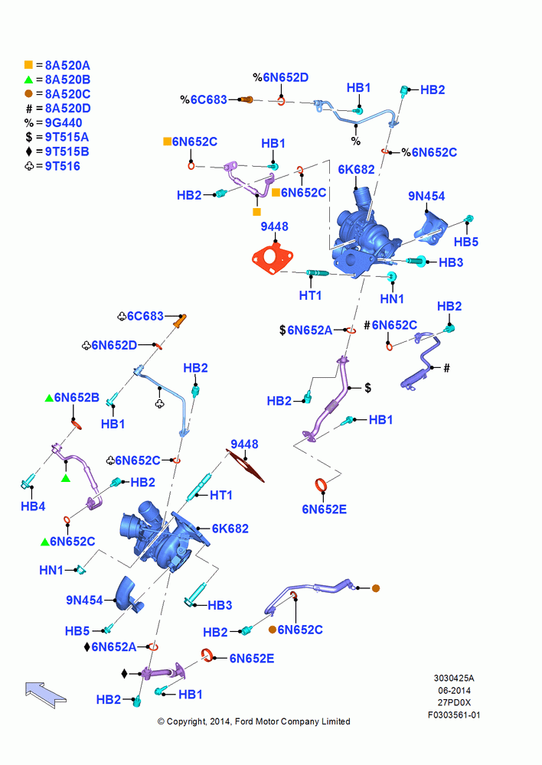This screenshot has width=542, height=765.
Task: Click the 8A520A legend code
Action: (67, 65)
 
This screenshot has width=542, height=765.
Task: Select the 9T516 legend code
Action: (63, 166)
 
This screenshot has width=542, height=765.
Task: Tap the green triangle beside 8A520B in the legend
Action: (28, 80)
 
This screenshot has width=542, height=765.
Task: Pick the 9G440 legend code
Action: (64, 123)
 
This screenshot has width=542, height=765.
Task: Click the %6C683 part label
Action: (204, 99)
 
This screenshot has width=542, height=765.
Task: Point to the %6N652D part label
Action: (281, 77)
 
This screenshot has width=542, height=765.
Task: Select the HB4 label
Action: (33, 506)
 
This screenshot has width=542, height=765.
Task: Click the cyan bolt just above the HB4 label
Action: (28, 481)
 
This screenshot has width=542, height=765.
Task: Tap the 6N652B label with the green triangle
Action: (72, 398)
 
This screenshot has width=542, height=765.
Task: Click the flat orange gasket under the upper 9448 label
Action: (273, 259)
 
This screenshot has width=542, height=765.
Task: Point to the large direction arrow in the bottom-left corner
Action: (45, 695)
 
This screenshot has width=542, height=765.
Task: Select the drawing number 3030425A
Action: (454, 678)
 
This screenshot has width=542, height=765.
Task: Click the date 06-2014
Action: (454, 690)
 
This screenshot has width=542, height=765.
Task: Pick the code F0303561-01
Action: (454, 715)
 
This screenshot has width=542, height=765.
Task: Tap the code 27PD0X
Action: (454, 702)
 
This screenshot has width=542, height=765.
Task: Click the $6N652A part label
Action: (305, 330)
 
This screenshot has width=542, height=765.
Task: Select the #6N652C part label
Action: (391, 325)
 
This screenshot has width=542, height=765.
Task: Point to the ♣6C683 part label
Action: (141, 316)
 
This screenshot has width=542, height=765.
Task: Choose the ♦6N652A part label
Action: (110, 647)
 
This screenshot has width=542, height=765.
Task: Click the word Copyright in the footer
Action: (186, 721)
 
